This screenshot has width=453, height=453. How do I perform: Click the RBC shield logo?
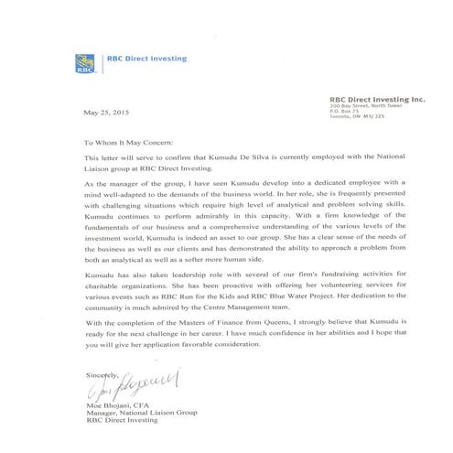coord(85,63)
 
